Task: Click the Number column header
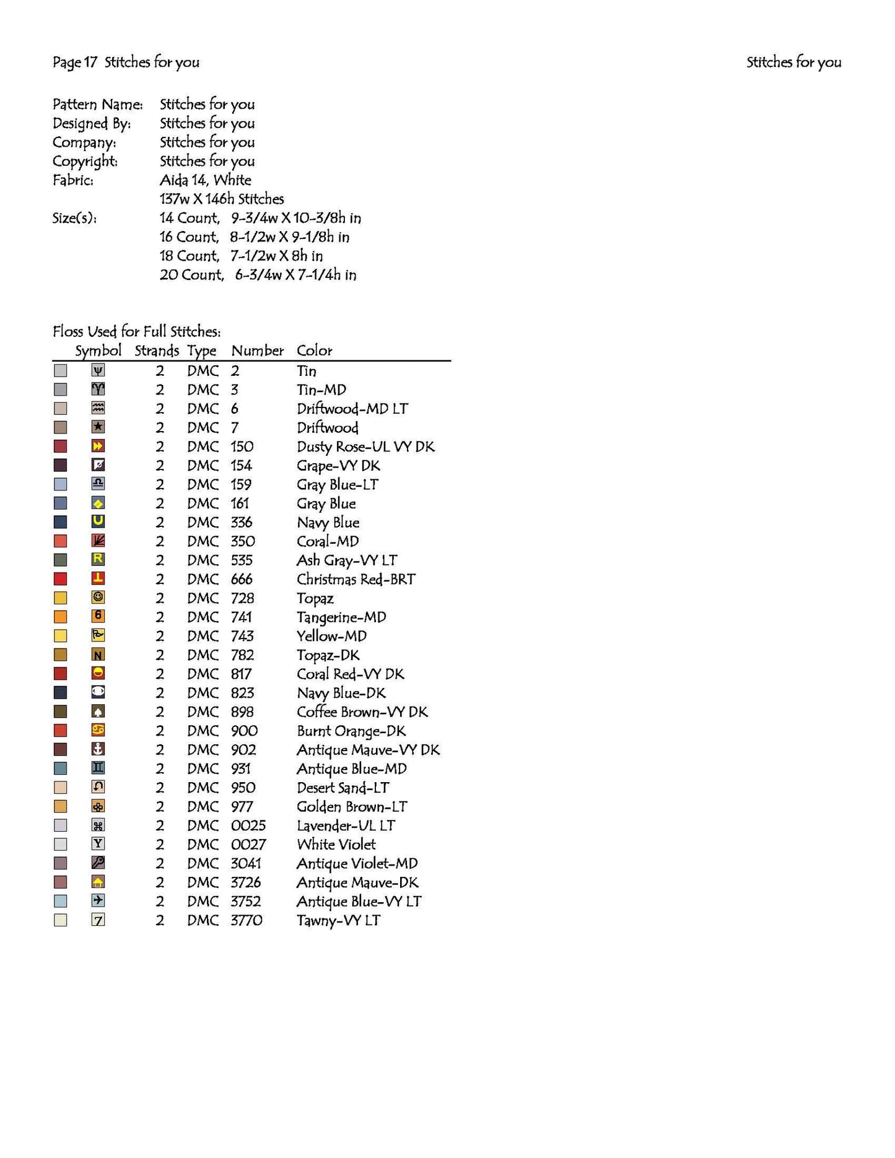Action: (x=257, y=350)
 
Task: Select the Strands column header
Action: (x=157, y=350)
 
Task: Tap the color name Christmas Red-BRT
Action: (x=356, y=579)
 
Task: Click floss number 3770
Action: (x=247, y=920)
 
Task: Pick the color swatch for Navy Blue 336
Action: (x=60, y=522)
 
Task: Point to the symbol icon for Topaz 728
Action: (x=98, y=598)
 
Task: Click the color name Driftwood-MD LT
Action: (x=352, y=409)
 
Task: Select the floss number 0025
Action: (x=248, y=825)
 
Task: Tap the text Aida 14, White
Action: (x=205, y=180)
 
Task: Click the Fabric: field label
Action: (x=73, y=180)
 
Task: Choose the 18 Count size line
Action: (x=241, y=256)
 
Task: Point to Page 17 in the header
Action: (x=75, y=62)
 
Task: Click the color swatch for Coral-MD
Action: (x=60, y=541)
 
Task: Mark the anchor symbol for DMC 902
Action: (x=98, y=749)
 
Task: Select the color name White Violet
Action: (x=336, y=845)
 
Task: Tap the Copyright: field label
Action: (x=85, y=161)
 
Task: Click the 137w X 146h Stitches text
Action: (x=221, y=199)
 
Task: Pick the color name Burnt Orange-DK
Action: (x=351, y=731)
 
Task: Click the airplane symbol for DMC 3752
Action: (x=98, y=900)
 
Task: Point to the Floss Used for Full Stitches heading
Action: (x=136, y=331)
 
